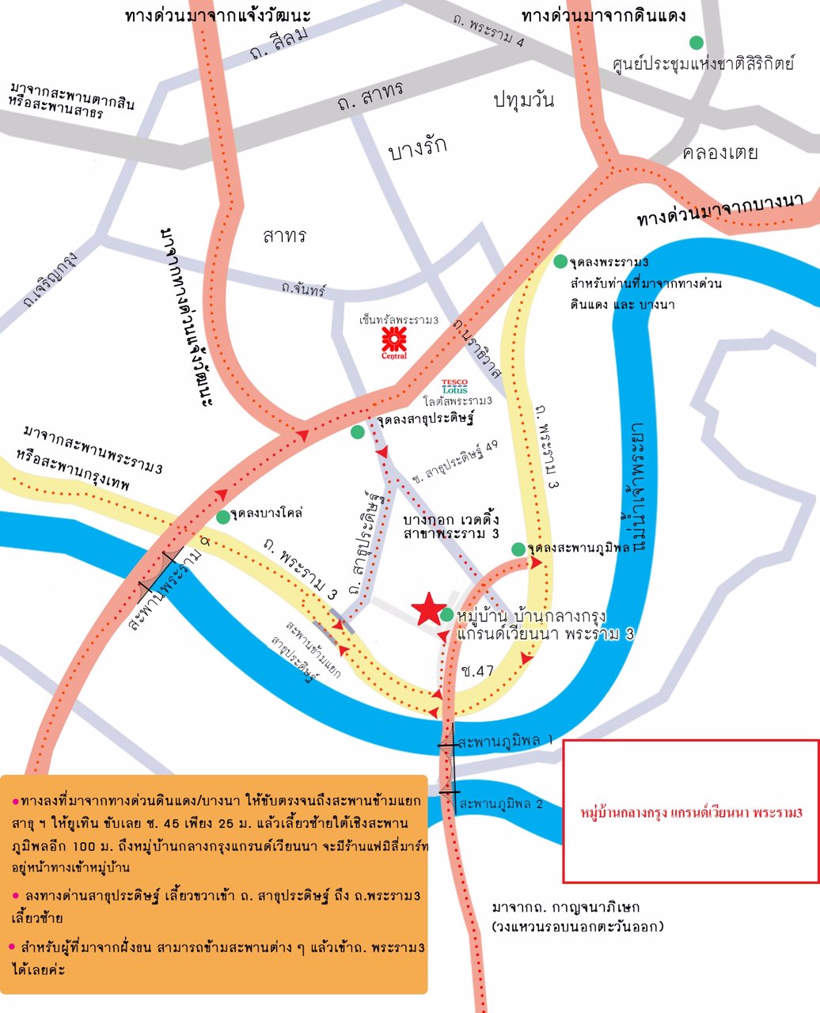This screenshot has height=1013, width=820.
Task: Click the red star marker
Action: tap(428, 609)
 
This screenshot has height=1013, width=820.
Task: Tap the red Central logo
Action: tap(394, 341)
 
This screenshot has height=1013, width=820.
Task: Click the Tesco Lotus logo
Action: tap(455, 386)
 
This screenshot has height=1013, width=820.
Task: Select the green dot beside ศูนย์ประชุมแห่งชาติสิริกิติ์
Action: tap(696, 42)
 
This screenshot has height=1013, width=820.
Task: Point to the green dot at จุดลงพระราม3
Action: tap(560, 262)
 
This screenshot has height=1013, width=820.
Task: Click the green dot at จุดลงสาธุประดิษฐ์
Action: tap(358, 431)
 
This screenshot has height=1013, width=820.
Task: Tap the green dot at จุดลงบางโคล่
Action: tap(224, 517)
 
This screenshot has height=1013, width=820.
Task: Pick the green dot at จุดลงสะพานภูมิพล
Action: tap(518, 549)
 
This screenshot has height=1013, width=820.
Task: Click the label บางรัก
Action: tap(418, 148)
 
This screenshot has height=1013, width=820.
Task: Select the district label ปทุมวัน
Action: tap(523, 101)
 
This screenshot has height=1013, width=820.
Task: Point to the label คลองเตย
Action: tap(719, 152)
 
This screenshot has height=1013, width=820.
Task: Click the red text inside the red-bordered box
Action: tap(692, 813)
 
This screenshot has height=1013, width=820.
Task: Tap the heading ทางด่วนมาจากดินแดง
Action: tap(603, 16)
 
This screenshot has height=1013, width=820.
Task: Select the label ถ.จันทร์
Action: tap(304, 290)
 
